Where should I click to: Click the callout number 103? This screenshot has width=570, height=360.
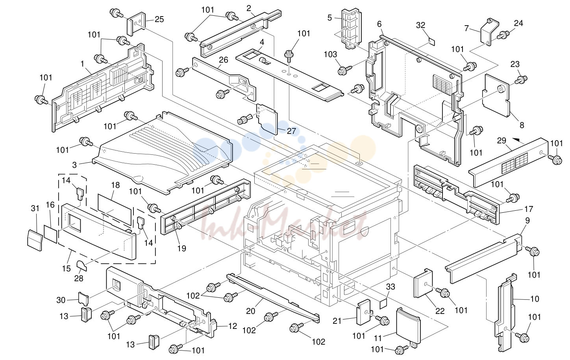click(x=330, y=54)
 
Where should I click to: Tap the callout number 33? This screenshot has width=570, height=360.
click(x=390, y=287)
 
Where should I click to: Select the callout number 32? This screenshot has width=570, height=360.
click(x=421, y=25)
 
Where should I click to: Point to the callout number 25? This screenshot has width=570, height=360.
click(x=159, y=19)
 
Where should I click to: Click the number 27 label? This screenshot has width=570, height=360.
click(x=291, y=131)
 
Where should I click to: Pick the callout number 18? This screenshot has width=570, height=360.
click(x=115, y=185)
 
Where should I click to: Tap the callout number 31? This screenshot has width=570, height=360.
click(x=35, y=208)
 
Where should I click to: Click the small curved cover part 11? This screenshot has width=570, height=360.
click(x=408, y=326)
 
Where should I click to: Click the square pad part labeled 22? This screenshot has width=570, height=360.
click(x=423, y=283)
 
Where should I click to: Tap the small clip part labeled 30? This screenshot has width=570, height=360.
click(x=83, y=299)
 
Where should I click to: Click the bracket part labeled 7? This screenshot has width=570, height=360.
click(x=489, y=32)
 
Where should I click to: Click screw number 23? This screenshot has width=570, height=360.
click(x=521, y=80)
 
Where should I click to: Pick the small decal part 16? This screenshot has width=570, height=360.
click(x=51, y=234)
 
